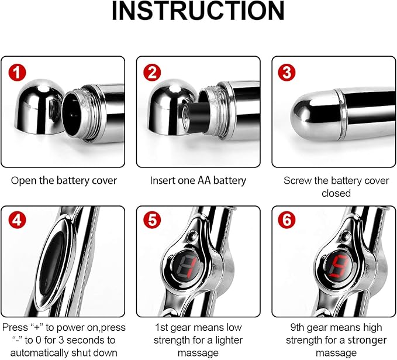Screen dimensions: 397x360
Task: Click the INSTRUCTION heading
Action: [198, 11]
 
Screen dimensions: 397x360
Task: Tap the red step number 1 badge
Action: [17, 73]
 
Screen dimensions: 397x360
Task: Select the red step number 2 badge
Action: [152, 73]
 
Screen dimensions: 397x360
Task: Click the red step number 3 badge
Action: [287, 73]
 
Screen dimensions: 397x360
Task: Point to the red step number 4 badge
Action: [17, 220]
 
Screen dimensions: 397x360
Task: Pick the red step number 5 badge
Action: [152, 220]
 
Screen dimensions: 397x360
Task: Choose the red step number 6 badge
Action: [287, 220]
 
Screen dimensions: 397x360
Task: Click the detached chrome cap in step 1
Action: [40, 107]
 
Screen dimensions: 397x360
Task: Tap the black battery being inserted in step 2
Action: [198, 116]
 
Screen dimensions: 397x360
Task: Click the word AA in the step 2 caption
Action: [204, 181]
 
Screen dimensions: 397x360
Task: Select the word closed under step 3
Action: [336, 193]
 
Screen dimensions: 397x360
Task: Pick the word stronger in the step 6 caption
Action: [367, 340]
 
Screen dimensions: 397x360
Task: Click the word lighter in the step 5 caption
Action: [229, 340]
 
